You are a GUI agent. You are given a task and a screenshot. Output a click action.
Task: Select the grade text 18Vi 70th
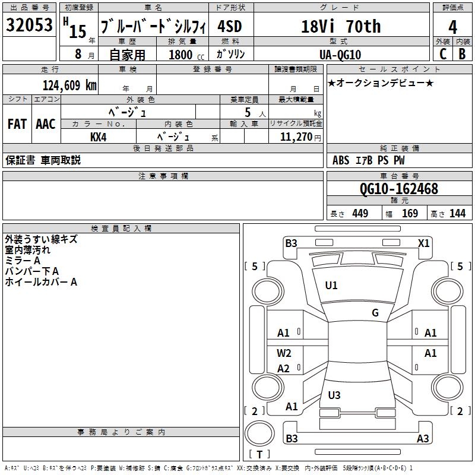(341, 26)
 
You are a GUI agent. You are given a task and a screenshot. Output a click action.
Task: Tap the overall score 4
(453, 27)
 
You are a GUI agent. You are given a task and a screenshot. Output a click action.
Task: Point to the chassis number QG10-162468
(398, 189)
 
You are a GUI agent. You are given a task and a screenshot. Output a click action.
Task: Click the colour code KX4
(99, 137)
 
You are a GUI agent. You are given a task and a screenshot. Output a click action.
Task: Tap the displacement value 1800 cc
(186, 55)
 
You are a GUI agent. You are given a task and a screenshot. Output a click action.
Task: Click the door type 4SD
(230, 27)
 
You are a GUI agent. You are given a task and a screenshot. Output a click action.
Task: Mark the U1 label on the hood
(331, 286)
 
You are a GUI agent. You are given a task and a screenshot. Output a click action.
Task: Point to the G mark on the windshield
(375, 313)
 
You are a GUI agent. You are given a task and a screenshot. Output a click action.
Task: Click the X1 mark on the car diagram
(423, 243)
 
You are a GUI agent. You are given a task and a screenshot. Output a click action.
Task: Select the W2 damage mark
(284, 353)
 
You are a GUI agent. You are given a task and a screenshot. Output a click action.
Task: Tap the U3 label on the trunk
(334, 395)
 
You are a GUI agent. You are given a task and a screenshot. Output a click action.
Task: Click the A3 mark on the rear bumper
(423, 439)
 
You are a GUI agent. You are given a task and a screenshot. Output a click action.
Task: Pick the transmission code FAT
(17, 124)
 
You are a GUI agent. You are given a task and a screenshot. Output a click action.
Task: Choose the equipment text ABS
(341, 160)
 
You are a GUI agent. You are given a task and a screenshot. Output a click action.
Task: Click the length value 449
(360, 214)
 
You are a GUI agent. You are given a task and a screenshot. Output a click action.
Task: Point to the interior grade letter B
(462, 54)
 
